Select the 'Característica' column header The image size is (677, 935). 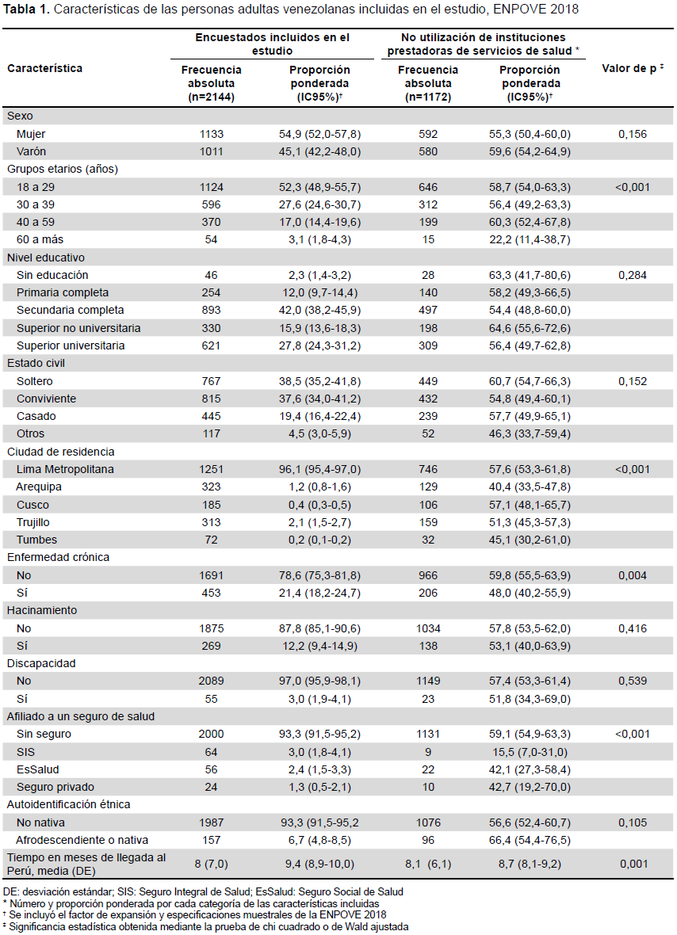pos(44,68)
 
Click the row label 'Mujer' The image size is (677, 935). pos(31,134)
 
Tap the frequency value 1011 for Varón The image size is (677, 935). pos(211,151)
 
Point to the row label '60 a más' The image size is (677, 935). pos(40,239)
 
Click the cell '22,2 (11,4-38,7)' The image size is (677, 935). pos(530,239)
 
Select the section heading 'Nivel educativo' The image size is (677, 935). pos(46,258)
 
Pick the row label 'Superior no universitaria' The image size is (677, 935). pos(78,328)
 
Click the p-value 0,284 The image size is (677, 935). pos(633,275)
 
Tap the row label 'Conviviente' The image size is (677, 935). pos(47,399)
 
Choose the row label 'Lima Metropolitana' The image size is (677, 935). pos(65,469)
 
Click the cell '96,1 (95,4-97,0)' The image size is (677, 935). pos(319,469)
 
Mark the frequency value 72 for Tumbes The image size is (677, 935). pos(211,540)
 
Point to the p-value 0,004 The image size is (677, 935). pos(633,575)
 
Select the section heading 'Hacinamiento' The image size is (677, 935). pos(42,610)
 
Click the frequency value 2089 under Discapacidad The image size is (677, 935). pos(211,681)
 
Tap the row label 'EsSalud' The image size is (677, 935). pos(37,769)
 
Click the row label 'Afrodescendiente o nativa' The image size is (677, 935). pos(82,840)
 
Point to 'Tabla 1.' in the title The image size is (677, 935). pos(26,10)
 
